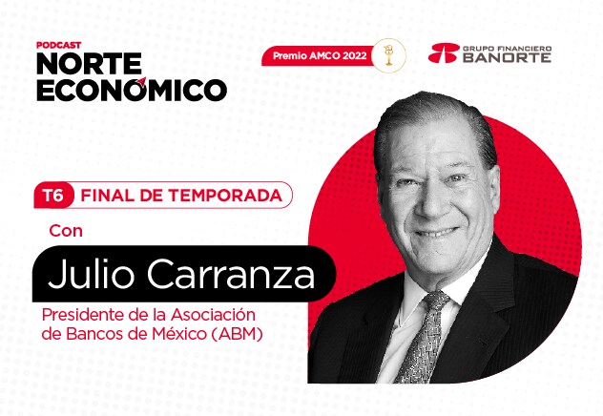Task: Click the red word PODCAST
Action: pyautogui.click(x=59, y=45)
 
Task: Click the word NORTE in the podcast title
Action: pyautogui.click(x=90, y=63)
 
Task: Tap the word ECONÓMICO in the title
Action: pyautogui.click(x=132, y=90)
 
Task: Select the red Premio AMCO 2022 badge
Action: pyautogui.click(x=319, y=55)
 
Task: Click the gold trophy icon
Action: pyautogui.click(x=388, y=55)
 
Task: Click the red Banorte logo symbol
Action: pyautogui.click(x=445, y=53)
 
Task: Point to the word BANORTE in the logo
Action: pyautogui.click(x=507, y=57)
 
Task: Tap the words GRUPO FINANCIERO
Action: pyautogui.click(x=507, y=49)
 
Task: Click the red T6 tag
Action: pyautogui.click(x=53, y=196)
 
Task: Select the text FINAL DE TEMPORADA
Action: pyautogui.click(x=181, y=196)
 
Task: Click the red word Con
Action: pyautogui.click(x=66, y=231)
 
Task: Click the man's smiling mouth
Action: pyautogui.click(x=437, y=232)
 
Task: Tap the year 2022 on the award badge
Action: pyautogui.click(x=355, y=55)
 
